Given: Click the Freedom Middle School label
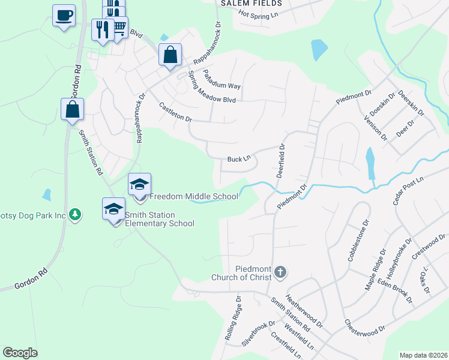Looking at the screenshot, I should pyautogui.click(x=193, y=196).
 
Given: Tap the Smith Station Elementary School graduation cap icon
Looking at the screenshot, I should pyautogui.click(x=113, y=209).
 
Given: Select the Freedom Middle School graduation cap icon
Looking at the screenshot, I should pyautogui.click(x=139, y=184).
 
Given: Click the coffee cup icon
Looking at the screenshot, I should pyautogui.click(x=64, y=16).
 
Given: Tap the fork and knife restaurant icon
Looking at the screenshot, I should pyautogui.click(x=102, y=30).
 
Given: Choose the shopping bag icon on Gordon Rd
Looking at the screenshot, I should pyautogui.click(x=72, y=110).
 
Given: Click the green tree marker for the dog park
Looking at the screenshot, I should pyautogui.click(x=74, y=214).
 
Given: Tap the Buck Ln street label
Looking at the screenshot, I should pyautogui.click(x=238, y=160).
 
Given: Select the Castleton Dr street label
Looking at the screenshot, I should pyautogui.click(x=175, y=112).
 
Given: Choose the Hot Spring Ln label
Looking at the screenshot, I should pyautogui.click(x=259, y=14).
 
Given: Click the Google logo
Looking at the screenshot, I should pyautogui.click(x=20, y=353).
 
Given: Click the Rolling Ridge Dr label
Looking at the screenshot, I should pyautogui.click(x=233, y=327).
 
